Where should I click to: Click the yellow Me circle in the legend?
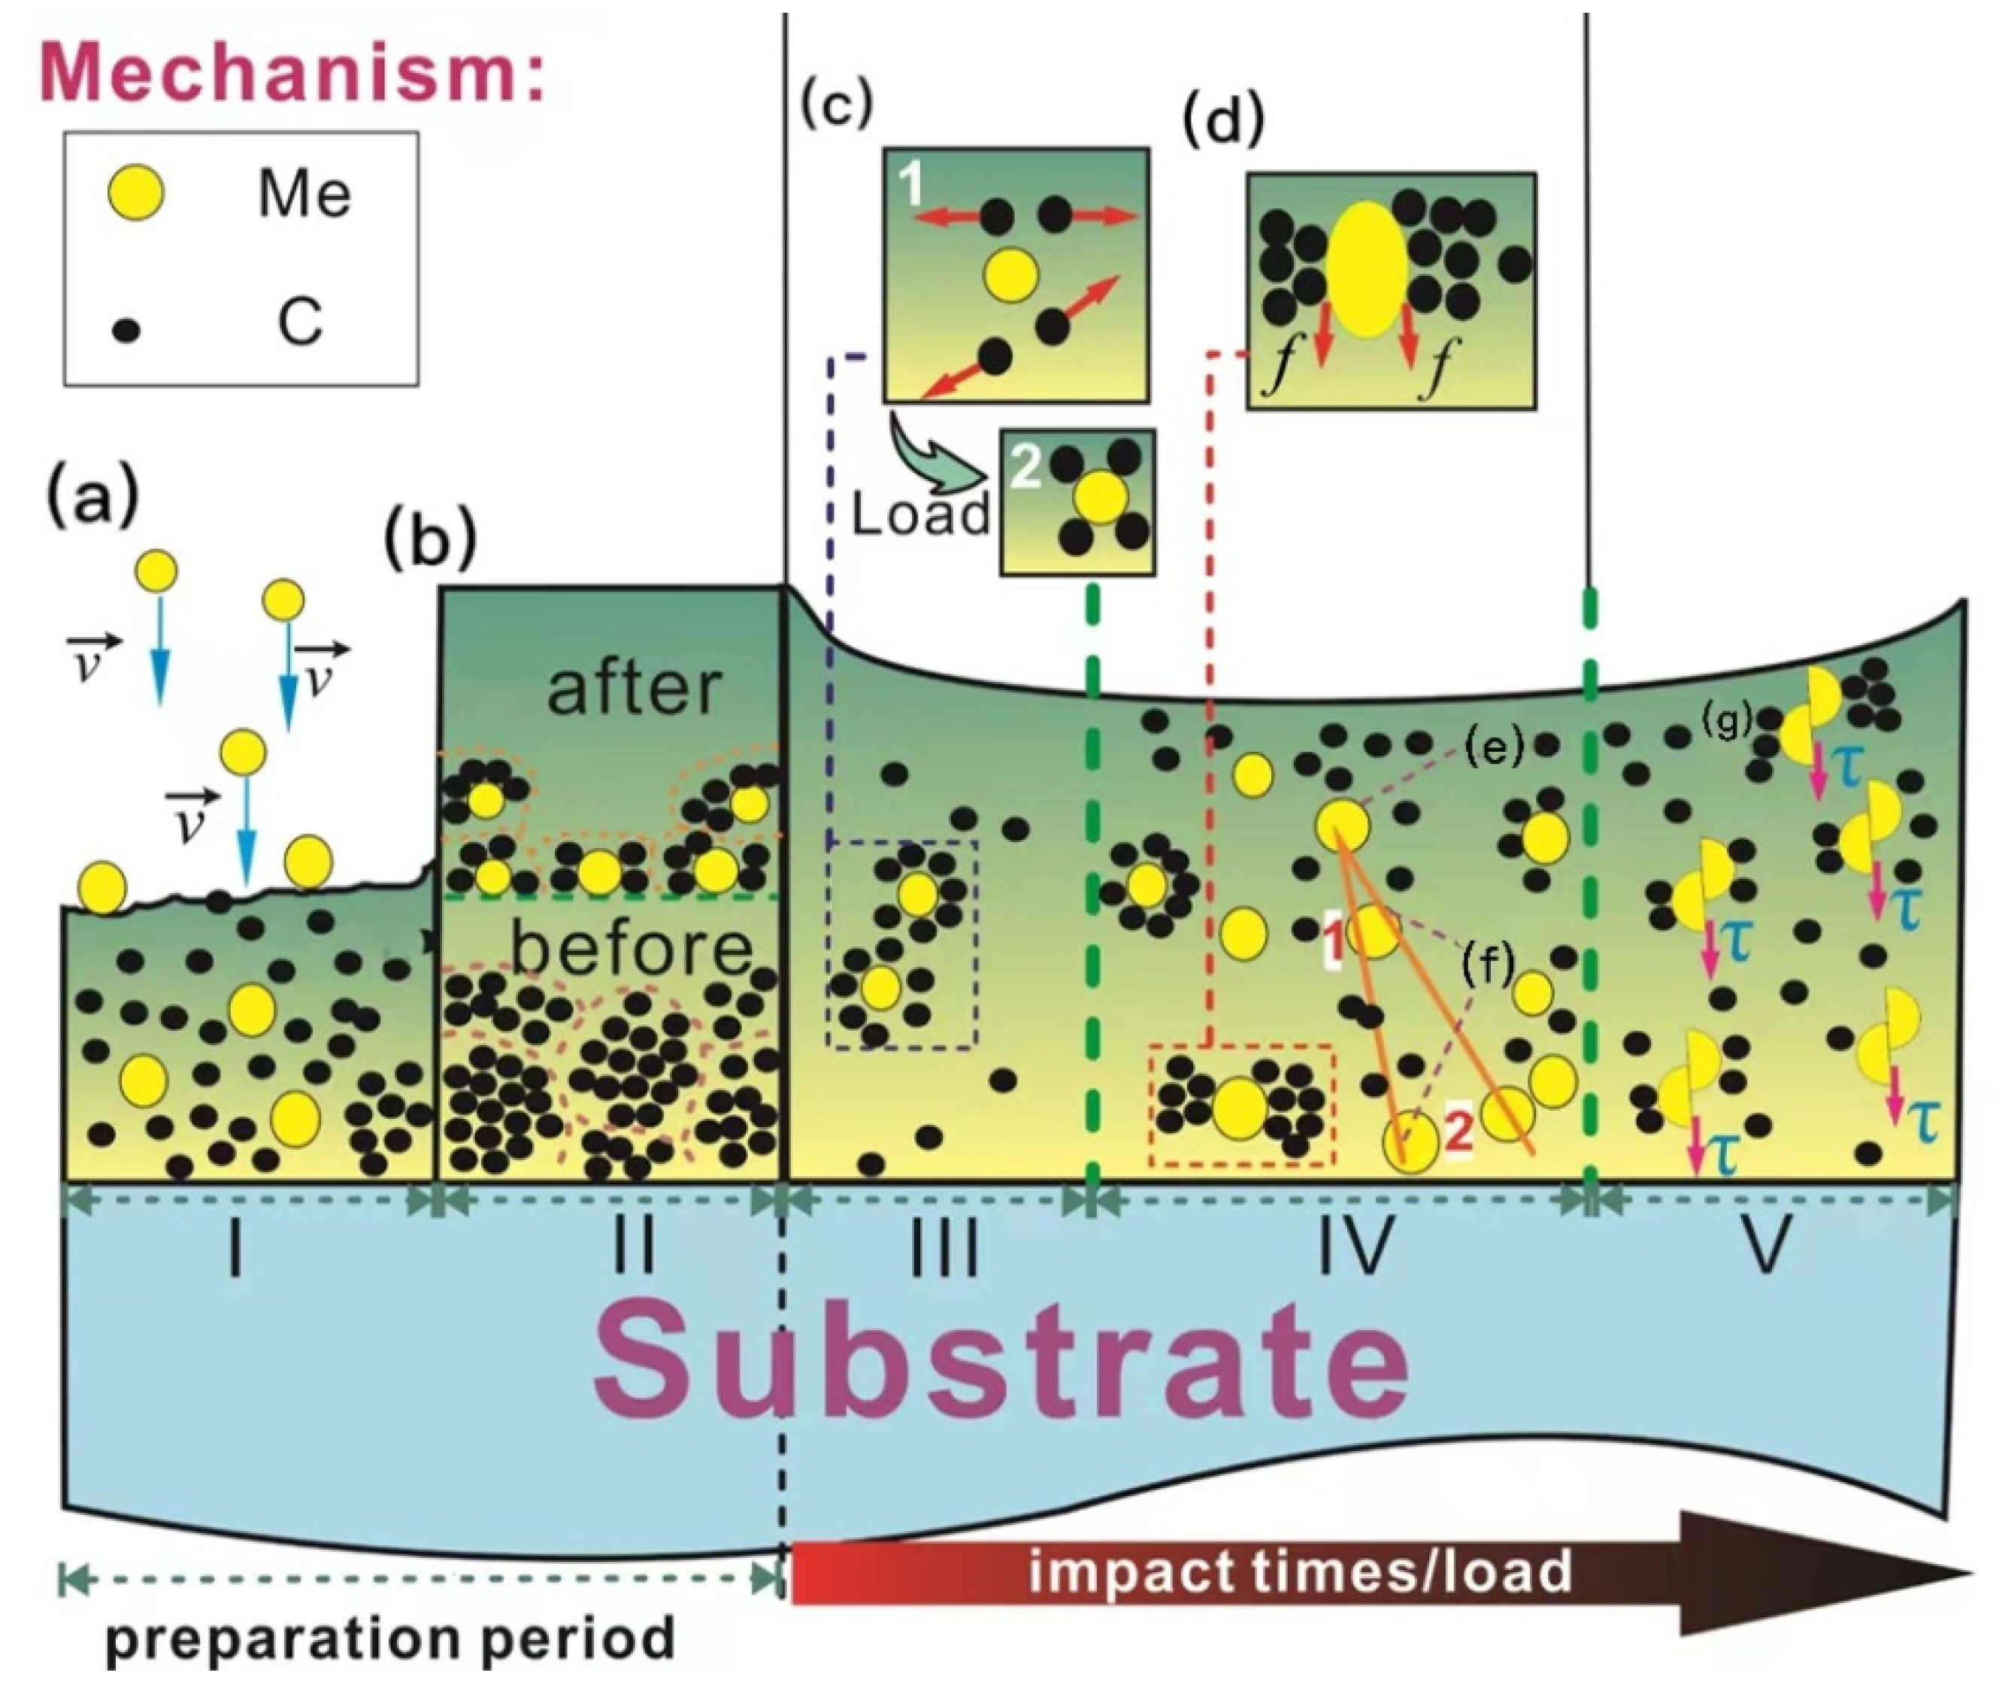[x=134, y=194]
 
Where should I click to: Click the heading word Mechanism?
[x=291, y=71]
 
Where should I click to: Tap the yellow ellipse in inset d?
[x=1367, y=270]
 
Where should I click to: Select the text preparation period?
[x=389, y=1638]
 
